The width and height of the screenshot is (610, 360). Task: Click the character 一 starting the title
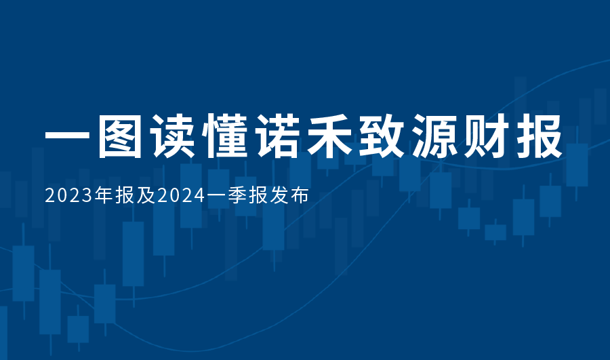[67, 136]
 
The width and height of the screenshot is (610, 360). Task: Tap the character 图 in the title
[120, 136]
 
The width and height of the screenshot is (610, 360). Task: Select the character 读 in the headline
[172, 136]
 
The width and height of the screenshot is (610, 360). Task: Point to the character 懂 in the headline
[224, 136]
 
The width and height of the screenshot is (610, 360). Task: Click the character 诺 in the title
[277, 136]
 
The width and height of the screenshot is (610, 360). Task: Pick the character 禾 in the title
[329, 136]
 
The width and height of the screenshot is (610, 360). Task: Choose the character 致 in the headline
[382, 136]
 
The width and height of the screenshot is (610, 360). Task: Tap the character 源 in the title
[434, 136]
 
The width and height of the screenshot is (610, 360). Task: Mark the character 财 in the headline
[487, 136]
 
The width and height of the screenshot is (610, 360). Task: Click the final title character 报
[540, 136]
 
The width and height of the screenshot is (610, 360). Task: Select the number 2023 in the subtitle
[69, 196]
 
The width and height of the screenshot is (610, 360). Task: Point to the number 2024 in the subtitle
[181, 196]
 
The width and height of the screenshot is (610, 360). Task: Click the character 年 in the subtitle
[104, 195]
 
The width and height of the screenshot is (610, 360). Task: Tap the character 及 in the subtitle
[146, 195]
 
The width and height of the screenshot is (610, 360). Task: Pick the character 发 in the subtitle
[279, 195]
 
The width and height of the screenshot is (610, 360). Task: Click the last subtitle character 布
[300, 195]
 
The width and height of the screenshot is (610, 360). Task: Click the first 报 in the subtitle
[125, 195]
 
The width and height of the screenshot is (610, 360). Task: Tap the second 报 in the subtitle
[258, 195]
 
